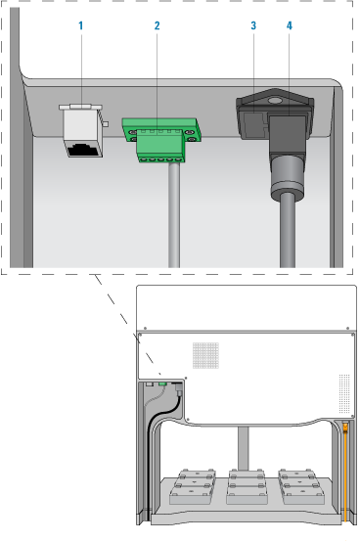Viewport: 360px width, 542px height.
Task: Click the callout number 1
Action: click(81, 25)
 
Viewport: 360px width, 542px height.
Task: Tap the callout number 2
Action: click(157, 25)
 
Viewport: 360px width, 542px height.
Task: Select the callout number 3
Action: click(253, 25)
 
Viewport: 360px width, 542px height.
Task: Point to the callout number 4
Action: click(290, 25)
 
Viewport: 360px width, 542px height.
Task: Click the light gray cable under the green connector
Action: click(174, 215)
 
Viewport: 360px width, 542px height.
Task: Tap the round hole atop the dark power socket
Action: click(275, 101)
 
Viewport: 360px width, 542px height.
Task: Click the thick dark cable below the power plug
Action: click(288, 231)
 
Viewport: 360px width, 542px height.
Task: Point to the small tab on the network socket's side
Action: click(106, 123)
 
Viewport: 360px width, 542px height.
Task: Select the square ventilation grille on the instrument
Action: click(205, 355)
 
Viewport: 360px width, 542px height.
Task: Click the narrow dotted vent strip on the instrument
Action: click(344, 393)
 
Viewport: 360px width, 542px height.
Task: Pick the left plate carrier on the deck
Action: click(193, 486)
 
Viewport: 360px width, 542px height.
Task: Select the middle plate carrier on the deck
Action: click(247, 486)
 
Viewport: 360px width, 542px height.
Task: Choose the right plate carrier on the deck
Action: click(301, 486)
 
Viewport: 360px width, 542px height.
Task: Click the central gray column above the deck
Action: click(244, 448)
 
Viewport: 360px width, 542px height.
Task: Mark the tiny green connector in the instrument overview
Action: click(162, 384)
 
